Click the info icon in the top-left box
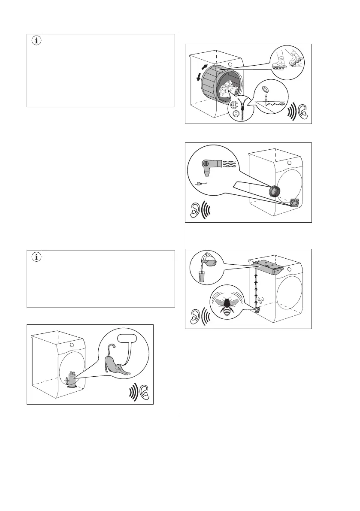[x=36, y=42]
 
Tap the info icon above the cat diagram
[x=36, y=258]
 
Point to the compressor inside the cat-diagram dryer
[x=71, y=379]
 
